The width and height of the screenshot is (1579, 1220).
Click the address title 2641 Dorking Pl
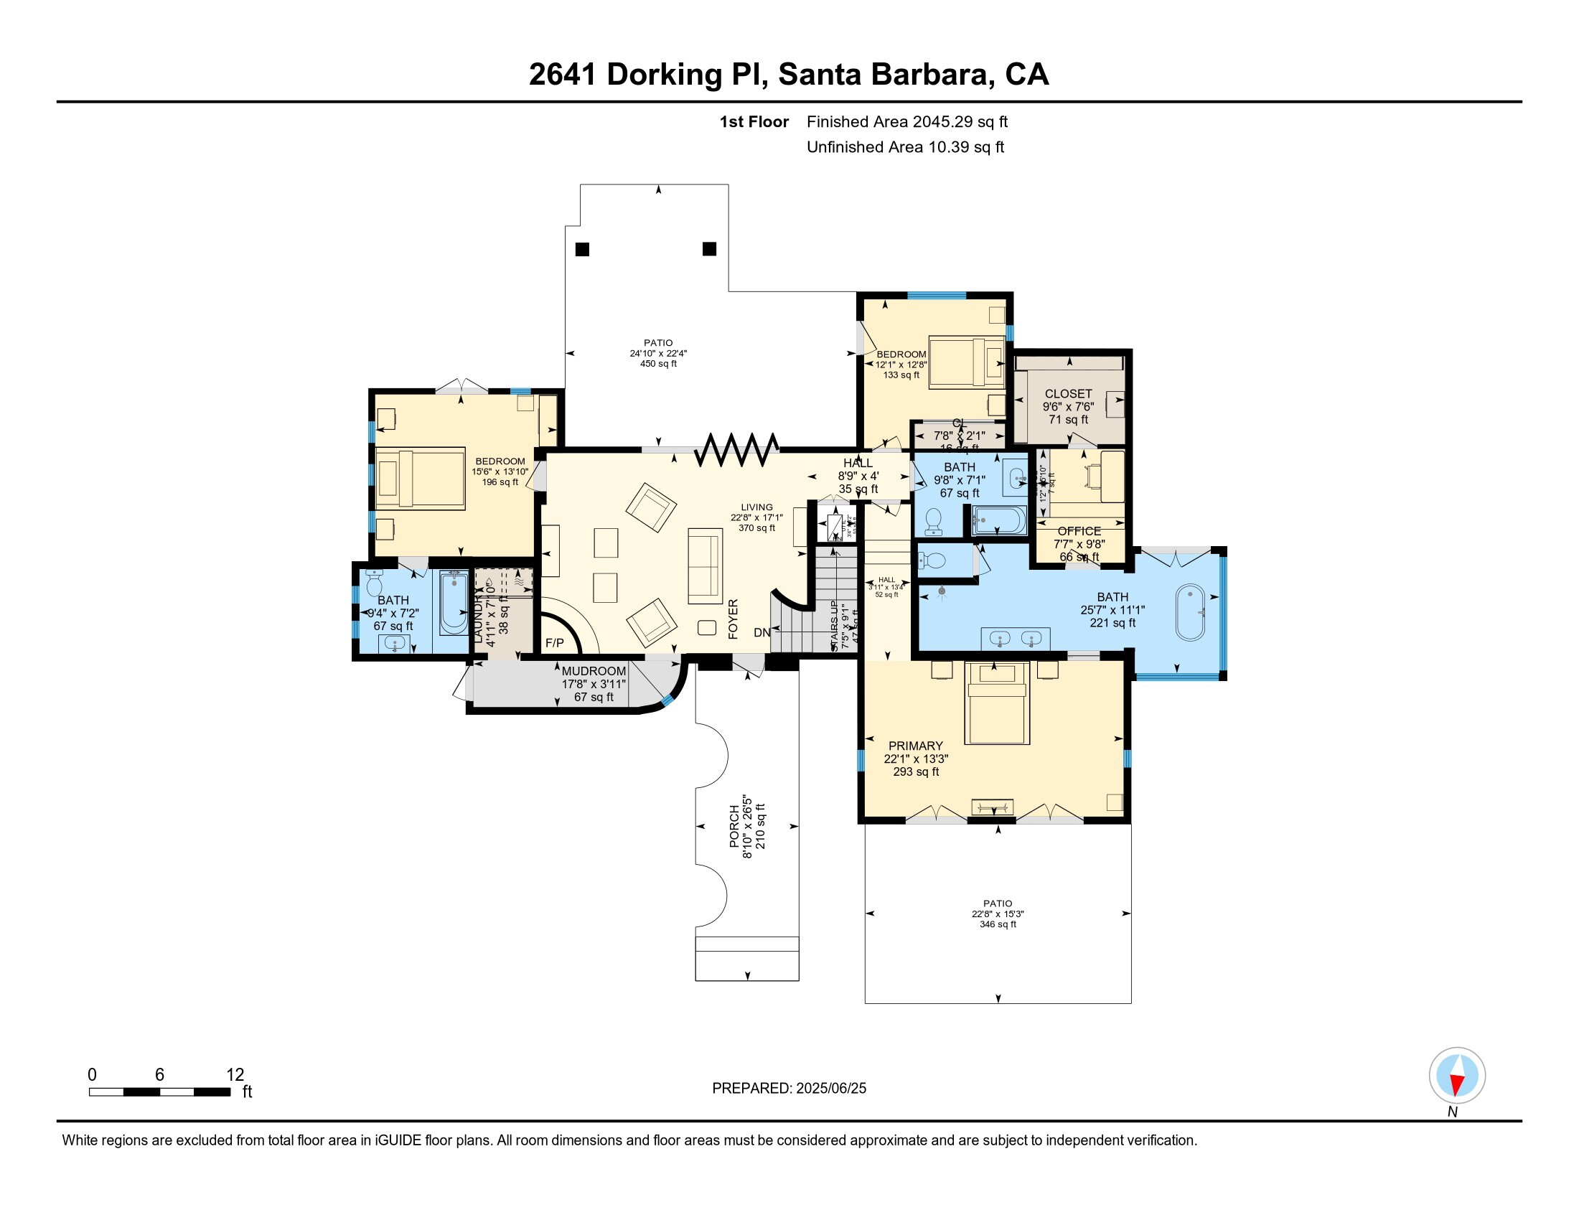[x=788, y=75]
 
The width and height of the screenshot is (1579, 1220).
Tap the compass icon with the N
[x=1457, y=1075]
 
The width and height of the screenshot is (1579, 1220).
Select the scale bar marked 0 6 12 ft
[x=160, y=1092]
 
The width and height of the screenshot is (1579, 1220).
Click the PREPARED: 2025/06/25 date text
[x=789, y=1088]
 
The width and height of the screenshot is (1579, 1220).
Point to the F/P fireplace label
[x=555, y=642]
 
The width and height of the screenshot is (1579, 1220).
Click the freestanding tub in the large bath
[x=1190, y=612]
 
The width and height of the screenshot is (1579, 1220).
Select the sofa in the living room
[x=705, y=566]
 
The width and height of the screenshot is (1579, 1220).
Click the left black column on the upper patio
[x=582, y=249]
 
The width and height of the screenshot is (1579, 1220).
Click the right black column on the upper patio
[x=709, y=248]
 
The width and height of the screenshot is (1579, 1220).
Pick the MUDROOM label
[x=594, y=671]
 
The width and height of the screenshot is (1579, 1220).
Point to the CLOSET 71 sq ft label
[x=1068, y=406]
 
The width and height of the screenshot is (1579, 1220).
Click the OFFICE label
[x=1079, y=531]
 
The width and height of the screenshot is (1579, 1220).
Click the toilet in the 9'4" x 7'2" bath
[x=374, y=583]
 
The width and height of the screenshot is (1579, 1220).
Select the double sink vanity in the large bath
[x=1015, y=639]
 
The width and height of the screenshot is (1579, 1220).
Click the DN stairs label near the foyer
[x=762, y=632]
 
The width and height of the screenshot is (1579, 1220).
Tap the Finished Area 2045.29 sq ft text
[x=906, y=122]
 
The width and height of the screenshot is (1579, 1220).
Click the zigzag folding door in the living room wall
[x=736, y=449]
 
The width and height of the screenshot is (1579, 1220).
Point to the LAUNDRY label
[x=478, y=614]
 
